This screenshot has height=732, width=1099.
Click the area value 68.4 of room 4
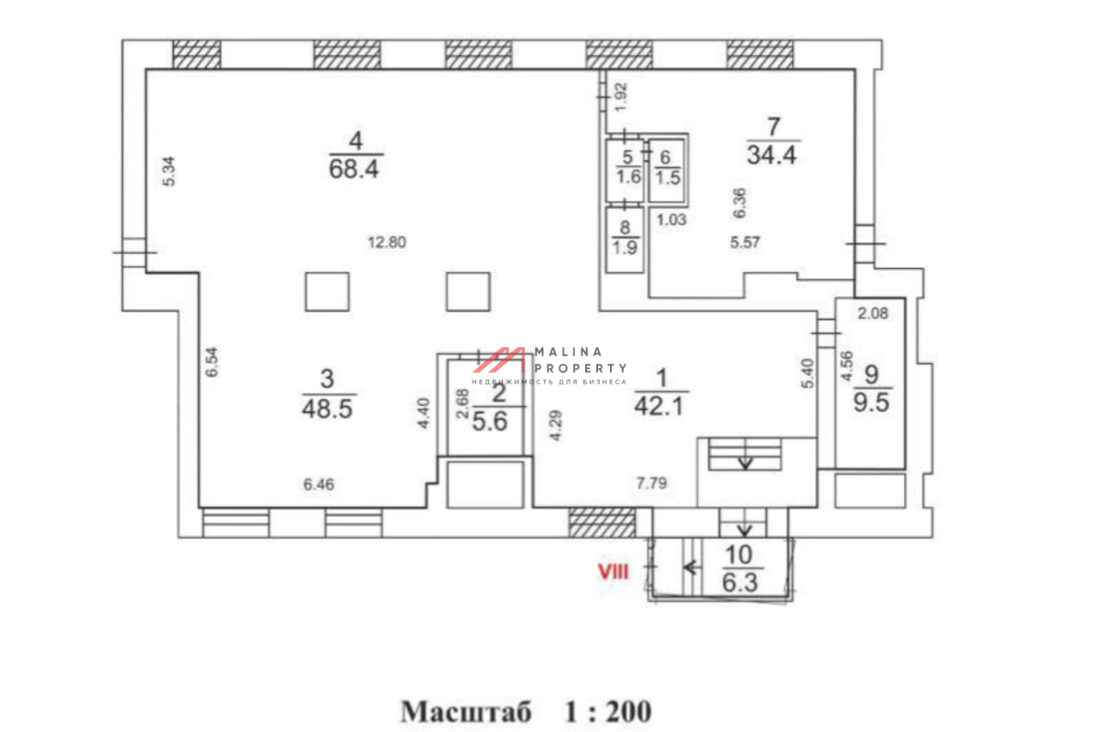354,169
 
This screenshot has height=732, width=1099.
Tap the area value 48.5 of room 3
327,408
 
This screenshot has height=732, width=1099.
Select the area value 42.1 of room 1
658,406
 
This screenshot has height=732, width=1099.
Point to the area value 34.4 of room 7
772,156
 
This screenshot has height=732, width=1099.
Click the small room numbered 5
624,171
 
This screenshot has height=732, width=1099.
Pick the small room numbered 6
667,170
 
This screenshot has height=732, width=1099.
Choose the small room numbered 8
625,240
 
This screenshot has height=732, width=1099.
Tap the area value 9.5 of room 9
871,403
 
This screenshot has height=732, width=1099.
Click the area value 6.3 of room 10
740,583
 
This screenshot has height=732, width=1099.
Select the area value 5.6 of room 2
490,421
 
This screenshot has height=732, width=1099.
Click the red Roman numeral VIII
613,572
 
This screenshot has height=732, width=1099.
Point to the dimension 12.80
387,242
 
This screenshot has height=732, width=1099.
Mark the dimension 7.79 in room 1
651,483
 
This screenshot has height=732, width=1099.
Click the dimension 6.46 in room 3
319,484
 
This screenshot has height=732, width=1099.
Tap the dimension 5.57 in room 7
745,242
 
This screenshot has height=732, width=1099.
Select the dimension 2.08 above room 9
873,313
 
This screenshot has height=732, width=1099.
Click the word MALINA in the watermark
568,351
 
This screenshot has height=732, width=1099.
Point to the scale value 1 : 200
608,711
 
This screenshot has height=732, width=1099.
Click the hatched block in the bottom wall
602,522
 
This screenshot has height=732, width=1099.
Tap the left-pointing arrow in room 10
691,567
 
